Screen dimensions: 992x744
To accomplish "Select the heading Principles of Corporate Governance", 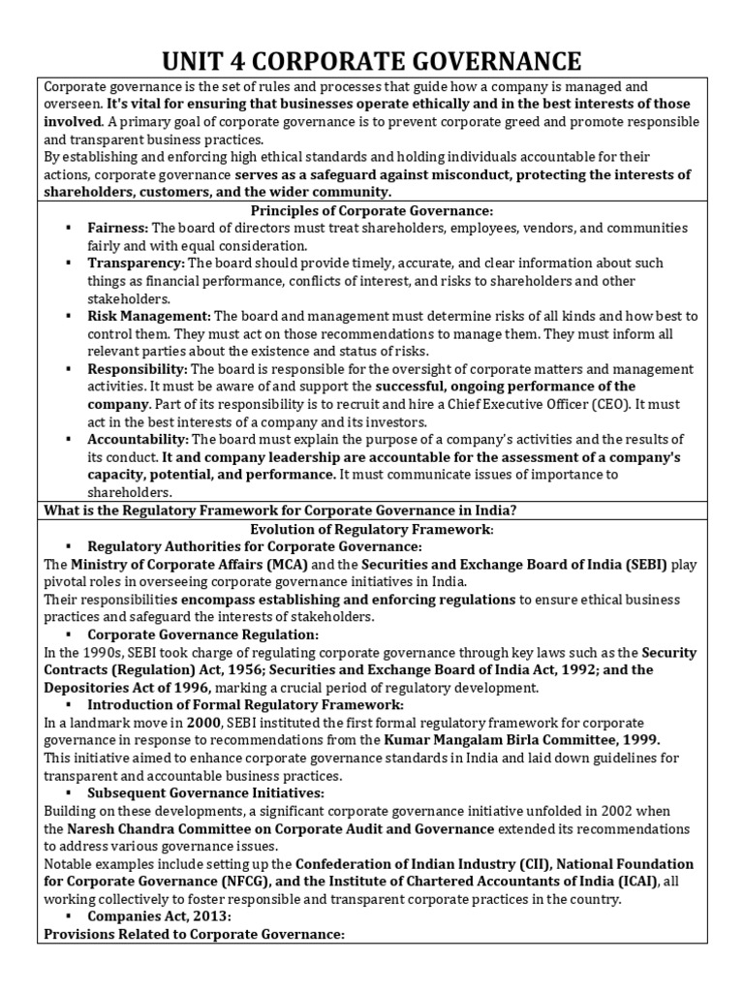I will click(x=372, y=211).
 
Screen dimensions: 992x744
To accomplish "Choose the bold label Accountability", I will click(x=138, y=439).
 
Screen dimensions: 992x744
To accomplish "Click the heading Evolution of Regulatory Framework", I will click(x=372, y=529).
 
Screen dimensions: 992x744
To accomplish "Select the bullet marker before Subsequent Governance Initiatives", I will click(x=69, y=793).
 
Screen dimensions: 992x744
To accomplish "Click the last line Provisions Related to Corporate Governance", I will click(x=196, y=934).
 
